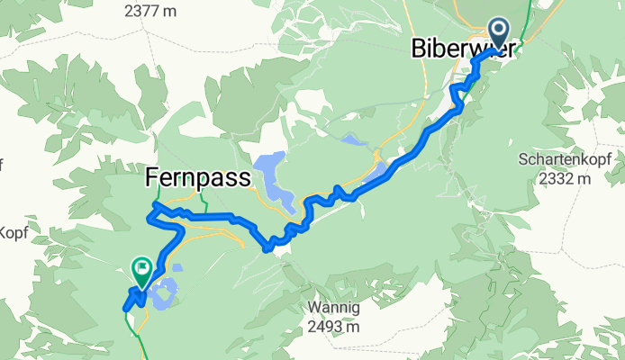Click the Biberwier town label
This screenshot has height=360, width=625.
464,48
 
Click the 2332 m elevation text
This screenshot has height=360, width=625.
566,178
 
